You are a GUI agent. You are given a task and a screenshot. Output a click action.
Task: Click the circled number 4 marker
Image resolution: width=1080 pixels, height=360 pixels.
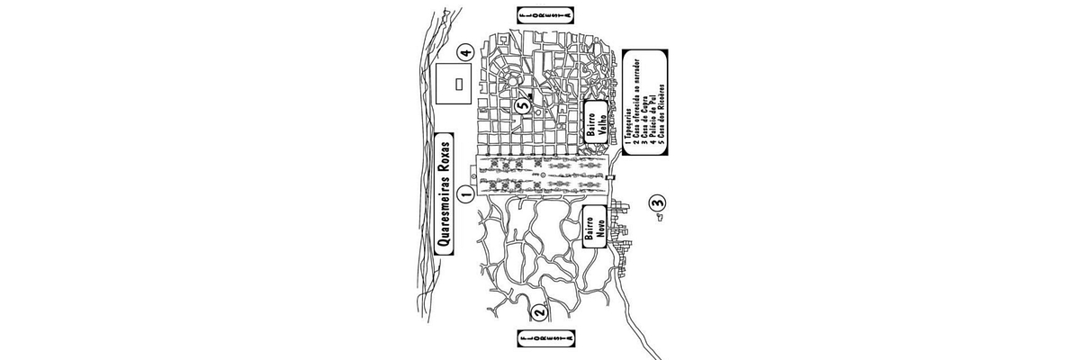point(464,51)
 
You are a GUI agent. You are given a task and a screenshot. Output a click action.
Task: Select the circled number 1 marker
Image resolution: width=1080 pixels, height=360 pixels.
point(465,193)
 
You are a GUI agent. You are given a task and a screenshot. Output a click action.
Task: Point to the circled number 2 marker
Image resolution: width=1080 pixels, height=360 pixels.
point(539,313)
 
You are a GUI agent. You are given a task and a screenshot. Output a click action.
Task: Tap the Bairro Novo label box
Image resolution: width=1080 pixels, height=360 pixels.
point(593,230)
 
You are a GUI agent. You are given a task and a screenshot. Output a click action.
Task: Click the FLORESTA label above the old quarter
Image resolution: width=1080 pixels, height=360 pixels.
point(545,15)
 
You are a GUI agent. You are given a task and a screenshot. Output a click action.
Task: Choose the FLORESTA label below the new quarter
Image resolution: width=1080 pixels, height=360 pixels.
point(545,339)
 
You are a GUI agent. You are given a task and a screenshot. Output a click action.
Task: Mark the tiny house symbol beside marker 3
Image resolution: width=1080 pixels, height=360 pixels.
point(658,216)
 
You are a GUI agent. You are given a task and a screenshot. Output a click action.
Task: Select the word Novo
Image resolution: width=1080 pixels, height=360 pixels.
point(599,230)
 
